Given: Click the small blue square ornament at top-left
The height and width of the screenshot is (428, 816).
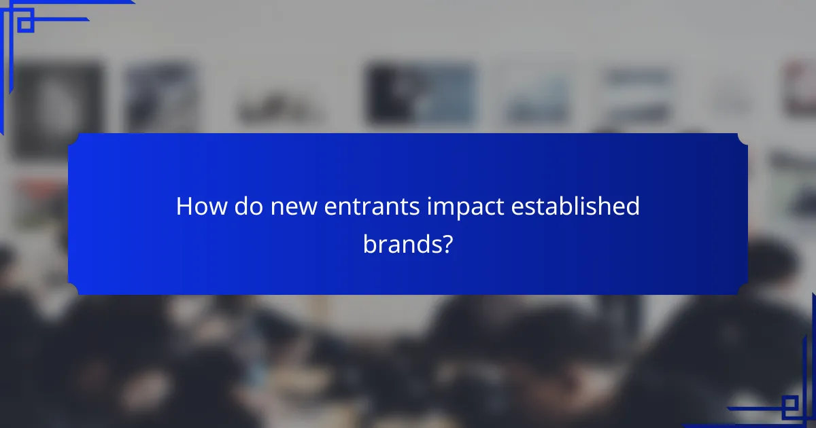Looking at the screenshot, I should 25,24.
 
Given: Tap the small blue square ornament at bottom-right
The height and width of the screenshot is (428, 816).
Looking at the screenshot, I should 789,407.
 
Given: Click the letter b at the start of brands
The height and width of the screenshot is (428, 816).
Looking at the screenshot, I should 369,243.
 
